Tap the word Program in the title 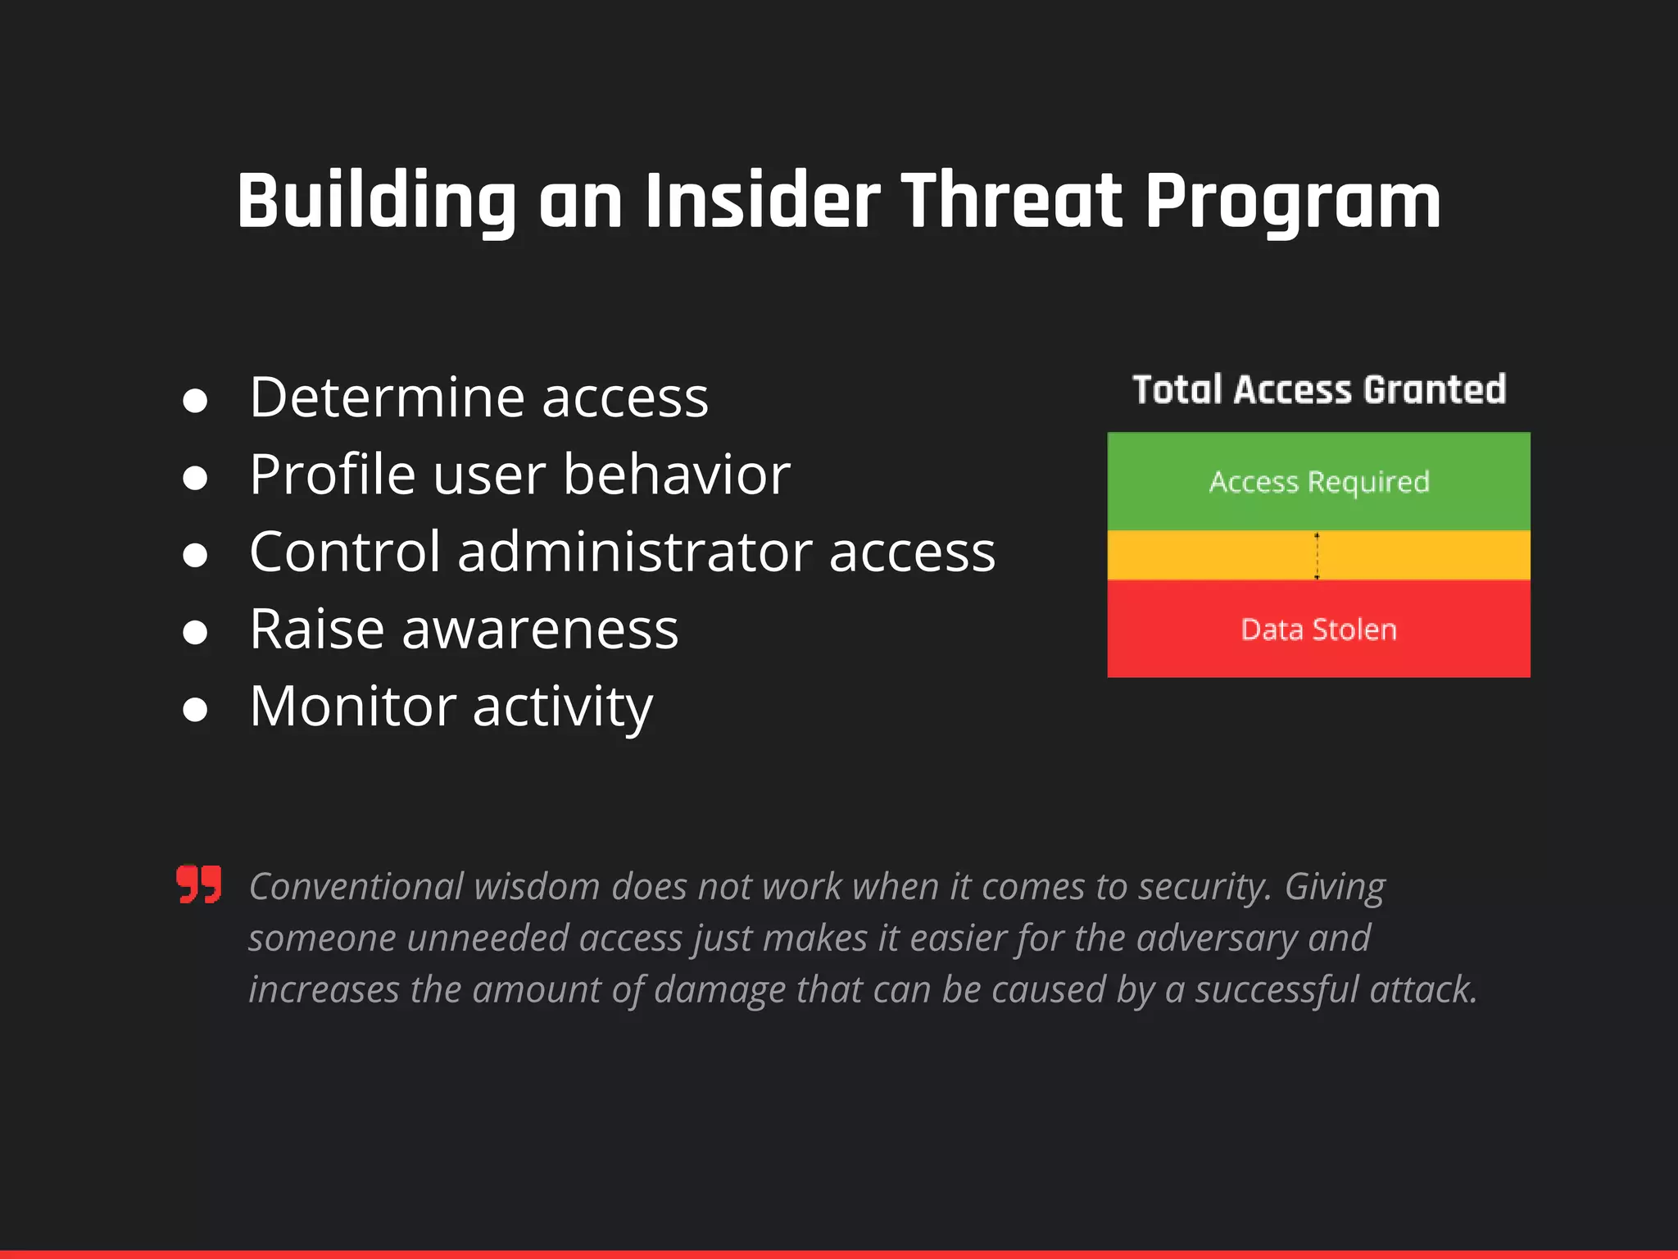coord(1292,203)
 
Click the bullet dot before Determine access coord(195,401)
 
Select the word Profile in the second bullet coord(332,475)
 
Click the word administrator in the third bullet coord(635,552)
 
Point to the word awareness coord(539,629)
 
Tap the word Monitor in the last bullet coord(352,707)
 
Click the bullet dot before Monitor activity coord(195,709)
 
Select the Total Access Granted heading coord(1318,389)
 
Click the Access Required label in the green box coord(1318,482)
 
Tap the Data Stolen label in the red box coord(1318,629)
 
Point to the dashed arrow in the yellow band coord(1317,556)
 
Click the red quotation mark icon coord(199,884)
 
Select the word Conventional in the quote coord(356,887)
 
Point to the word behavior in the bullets coord(676,475)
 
